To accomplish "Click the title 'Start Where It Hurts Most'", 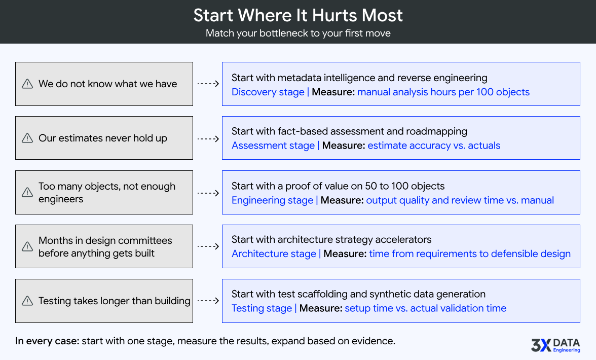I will tap(298, 15).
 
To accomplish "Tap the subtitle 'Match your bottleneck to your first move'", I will tap(298, 33).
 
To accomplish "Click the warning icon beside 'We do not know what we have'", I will tap(27, 84).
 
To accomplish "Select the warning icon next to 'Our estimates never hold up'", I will tap(27, 138).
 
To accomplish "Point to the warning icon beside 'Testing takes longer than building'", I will tap(27, 301).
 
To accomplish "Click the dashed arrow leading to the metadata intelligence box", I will tap(207, 84).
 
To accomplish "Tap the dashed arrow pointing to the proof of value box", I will tap(207, 193).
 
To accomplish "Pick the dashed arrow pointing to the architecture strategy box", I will tap(207, 247).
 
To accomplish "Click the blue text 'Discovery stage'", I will tap(268, 92).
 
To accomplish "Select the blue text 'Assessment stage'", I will tap(273, 146).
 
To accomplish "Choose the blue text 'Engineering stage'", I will tap(272, 200).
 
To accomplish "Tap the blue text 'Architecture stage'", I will tap(274, 254).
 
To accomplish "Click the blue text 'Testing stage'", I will tap(262, 308).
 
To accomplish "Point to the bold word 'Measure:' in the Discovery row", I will tap(333, 92).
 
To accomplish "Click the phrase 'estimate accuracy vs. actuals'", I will tap(434, 146).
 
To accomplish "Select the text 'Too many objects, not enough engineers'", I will tap(106, 193).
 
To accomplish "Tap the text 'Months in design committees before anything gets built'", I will tap(105, 247).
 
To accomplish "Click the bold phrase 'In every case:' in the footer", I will tap(47, 341).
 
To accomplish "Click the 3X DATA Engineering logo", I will tap(555, 345).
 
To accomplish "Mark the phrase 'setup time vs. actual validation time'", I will tap(425, 308).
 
